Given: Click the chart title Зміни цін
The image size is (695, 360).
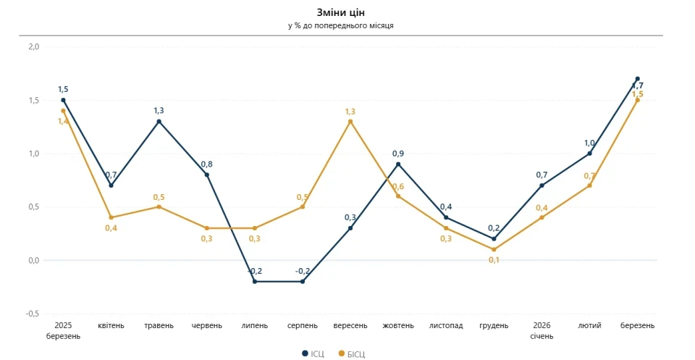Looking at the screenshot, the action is tap(341, 12).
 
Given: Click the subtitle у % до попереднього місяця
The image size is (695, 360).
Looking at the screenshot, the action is tap(341, 26).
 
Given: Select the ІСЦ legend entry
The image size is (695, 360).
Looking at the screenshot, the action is tap(313, 353).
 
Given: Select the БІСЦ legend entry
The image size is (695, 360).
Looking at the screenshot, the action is tap(352, 353).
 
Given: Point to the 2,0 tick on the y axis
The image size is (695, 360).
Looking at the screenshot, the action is tap(34, 46).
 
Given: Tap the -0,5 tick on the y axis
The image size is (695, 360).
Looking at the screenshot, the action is tap(33, 314).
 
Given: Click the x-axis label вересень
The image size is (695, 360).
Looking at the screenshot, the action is tap(350, 326).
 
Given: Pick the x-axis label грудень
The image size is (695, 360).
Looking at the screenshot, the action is tap(494, 326).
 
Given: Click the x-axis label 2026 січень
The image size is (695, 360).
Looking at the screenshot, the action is tap(542, 331).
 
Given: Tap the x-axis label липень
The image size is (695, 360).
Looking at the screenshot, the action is tap(254, 326).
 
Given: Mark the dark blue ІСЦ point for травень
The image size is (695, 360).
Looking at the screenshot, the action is tap(159, 122).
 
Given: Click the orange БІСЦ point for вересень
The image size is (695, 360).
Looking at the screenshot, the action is tap(350, 122).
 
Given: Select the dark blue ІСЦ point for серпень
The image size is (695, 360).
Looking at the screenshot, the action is tap(303, 282).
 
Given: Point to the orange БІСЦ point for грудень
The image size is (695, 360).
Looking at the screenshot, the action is tap(494, 249).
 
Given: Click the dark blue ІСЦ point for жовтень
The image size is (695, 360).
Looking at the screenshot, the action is tap(398, 164).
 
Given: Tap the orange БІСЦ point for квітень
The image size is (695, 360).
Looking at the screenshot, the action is tap(111, 217).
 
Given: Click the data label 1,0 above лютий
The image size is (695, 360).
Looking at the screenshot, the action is tap(589, 143).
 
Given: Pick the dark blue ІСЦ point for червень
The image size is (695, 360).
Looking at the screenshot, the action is tap(206, 175).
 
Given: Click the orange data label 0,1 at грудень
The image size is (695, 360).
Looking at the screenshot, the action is tap(494, 260).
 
